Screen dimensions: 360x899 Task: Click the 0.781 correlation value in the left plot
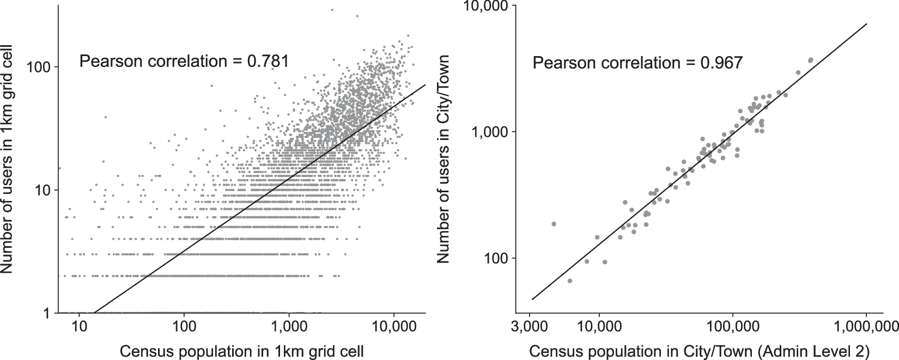tap(268, 61)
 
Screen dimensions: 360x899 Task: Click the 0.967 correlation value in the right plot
tap(720, 63)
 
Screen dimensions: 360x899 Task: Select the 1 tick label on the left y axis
tap(47, 313)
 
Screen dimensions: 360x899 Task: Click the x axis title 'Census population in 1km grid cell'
tap(241, 350)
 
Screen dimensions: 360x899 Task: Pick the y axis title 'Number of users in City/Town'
tap(445, 159)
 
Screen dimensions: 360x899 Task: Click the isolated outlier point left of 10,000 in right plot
tap(554, 224)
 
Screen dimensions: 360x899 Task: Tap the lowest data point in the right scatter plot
tap(570, 280)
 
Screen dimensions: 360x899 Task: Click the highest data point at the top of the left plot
tap(331, 9)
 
